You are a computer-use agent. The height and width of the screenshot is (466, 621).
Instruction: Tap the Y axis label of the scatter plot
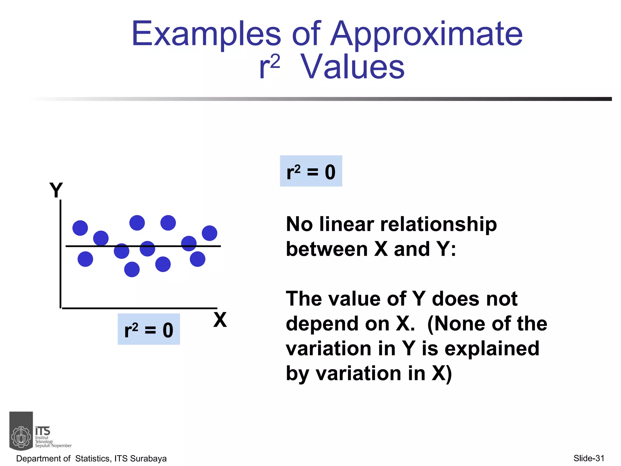(56, 190)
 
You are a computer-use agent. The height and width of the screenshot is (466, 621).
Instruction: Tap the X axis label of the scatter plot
(220, 319)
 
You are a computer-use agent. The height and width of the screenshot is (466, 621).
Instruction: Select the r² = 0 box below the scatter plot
(149, 329)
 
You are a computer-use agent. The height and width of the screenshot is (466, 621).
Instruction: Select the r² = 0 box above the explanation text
(311, 171)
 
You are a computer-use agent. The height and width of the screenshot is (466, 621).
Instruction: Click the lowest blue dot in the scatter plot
(132, 269)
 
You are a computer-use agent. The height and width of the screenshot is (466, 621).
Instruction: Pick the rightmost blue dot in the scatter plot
(210, 233)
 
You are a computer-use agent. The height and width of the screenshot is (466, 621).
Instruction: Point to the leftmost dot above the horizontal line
(80, 228)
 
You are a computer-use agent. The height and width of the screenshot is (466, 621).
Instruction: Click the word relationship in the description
(438, 225)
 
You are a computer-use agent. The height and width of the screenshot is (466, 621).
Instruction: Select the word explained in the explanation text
(492, 349)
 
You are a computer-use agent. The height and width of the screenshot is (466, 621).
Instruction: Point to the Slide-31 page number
(589, 458)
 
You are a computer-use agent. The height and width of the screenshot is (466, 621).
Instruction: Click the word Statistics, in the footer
(93, 458)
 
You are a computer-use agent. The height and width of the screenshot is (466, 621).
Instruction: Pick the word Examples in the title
(206, 34)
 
